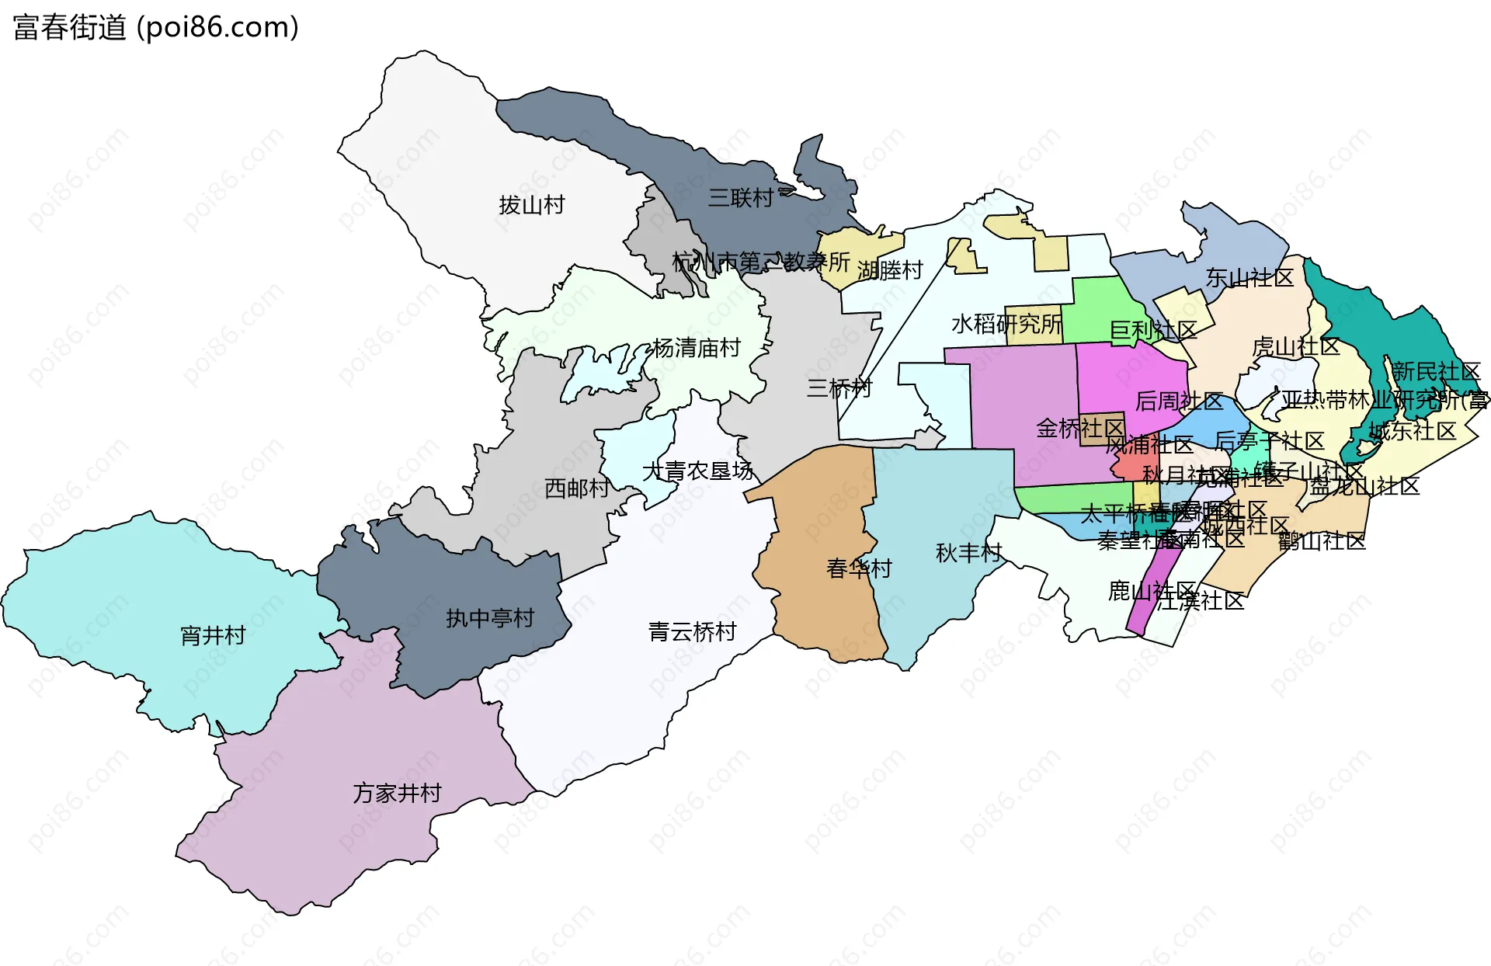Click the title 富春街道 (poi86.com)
(155, 27)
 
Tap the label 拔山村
(531, 205)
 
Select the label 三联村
(740, 198)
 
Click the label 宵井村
(213, 636)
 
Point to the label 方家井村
(397, 793)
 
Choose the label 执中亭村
(490, 618)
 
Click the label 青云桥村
(692, 631)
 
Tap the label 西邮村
(576, 488)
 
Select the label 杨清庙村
(696, 348)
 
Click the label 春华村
(859, 568)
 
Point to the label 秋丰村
(968, 553)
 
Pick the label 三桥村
(839, 387)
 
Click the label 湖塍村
(890, 270)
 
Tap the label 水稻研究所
(1006, 324)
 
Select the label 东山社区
(1249, 277)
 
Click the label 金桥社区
(1079, 428)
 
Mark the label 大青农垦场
(697, 471)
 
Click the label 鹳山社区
(1322, 540)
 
